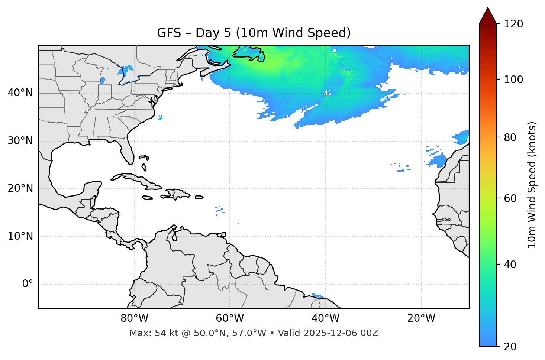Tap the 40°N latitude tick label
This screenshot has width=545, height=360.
coord(20,93)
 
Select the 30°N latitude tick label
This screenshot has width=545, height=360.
coord(20,141)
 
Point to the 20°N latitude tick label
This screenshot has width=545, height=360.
coord(20,188)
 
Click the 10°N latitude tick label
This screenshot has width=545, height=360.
coord(20,236)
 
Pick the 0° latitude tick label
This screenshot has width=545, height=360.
coord(27,284)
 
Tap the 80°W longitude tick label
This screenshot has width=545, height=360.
coord(134,318)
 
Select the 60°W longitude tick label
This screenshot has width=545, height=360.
coord(230,318)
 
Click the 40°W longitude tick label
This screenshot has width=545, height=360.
coord(325,318)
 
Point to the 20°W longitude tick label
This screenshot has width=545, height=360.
coord(421,318)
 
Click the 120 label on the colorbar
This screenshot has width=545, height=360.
coord(513,24)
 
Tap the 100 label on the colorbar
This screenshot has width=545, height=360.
coord(513,80)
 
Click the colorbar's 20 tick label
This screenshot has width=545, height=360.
coord(511,347)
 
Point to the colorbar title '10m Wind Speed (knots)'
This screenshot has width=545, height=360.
coord(532,185)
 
